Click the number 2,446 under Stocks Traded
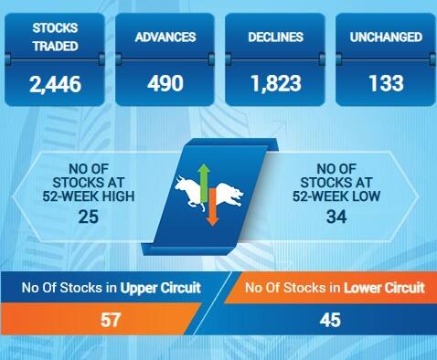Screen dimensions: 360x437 [x=55, y=84]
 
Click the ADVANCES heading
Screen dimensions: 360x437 [x=165, y=37]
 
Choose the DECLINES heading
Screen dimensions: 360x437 [x=275, y=37]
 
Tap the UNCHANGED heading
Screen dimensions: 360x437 [x=385, y=37]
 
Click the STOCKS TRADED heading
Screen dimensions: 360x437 [x=55, y=37]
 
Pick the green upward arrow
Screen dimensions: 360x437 [x=205, y=176]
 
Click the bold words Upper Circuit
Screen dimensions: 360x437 [x=161, y=288]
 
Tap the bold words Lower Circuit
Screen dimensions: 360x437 [x=384, y=288]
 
